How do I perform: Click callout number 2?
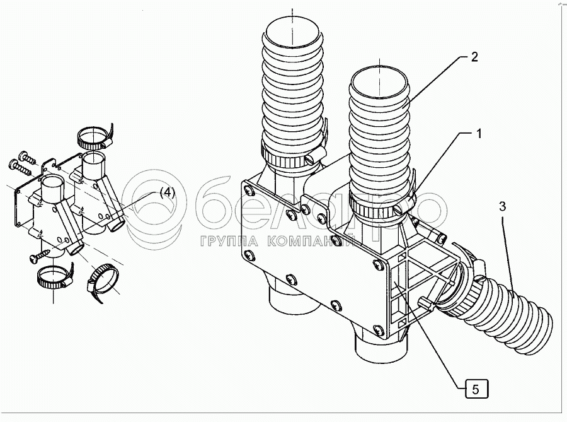point(474,57)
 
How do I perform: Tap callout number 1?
point(479,134)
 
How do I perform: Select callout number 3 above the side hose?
point(503,206)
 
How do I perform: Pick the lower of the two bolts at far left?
point(20,167)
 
